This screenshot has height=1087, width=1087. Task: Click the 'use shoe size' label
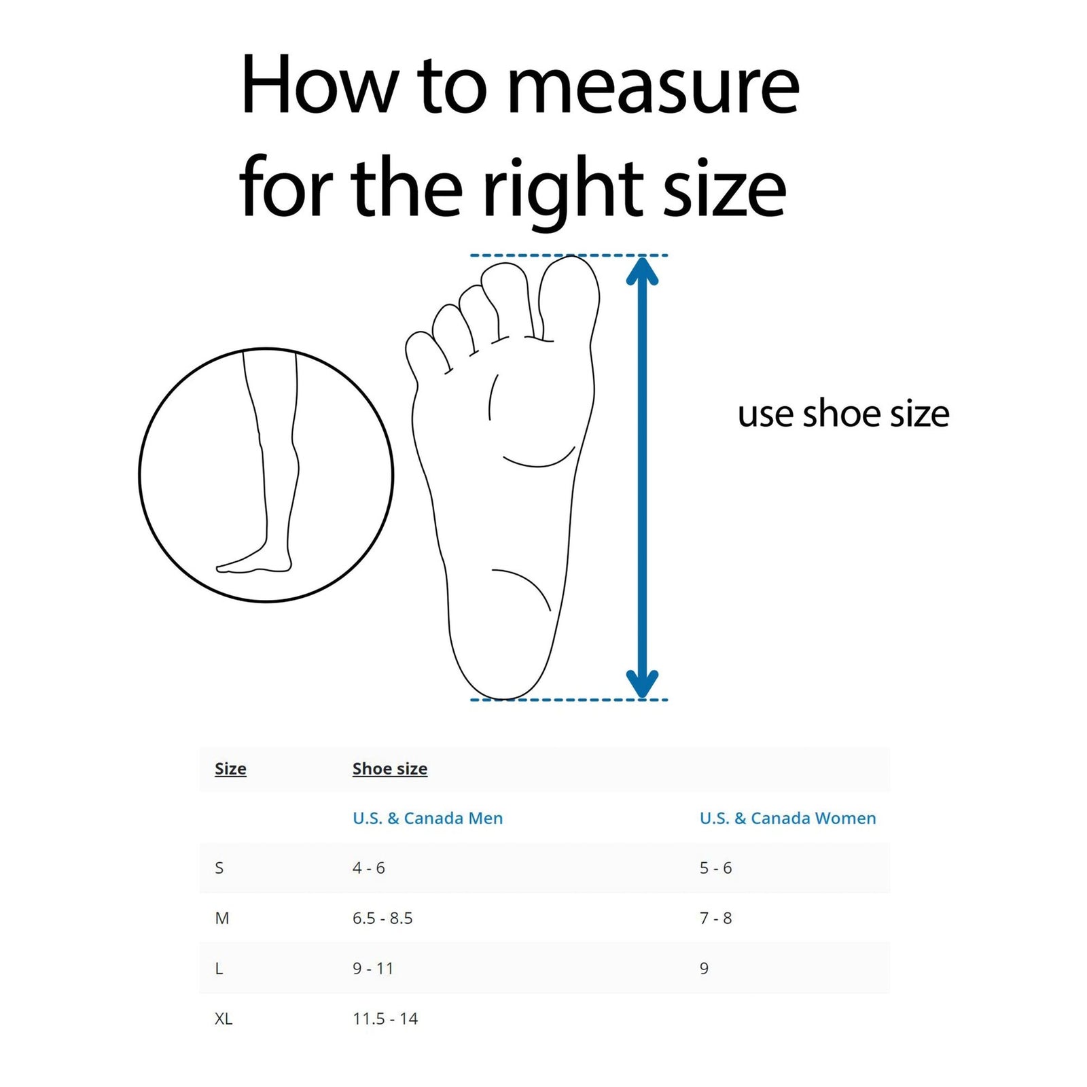coord(843,414)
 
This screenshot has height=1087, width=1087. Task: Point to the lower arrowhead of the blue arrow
coord(642,683)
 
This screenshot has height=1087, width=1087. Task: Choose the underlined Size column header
coord(230,768)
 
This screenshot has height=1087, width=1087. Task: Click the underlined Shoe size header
coord(390,768)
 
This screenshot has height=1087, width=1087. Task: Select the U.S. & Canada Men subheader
coord(428,818)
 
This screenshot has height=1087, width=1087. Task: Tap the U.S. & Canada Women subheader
coord(787,818)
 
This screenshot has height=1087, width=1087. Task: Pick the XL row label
coord(224,1018)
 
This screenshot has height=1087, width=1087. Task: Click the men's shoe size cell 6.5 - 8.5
coord(382,918)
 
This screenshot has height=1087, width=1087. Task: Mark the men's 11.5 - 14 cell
coord(385,1018)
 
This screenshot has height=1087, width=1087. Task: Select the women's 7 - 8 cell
coord(715,918)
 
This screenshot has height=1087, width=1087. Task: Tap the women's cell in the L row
coord(704,968)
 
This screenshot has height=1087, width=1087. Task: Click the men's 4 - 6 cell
coord(368,868)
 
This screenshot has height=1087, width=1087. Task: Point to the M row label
coord(222,918)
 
